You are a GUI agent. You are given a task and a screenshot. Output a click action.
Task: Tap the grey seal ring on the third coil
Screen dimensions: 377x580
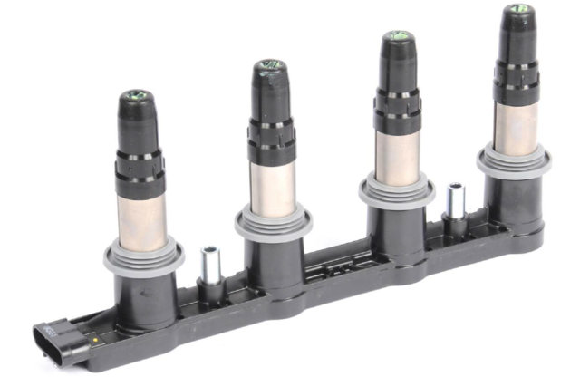[x=396, y=191]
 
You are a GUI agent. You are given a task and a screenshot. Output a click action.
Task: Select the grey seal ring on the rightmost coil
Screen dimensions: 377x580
[x=514, y=162]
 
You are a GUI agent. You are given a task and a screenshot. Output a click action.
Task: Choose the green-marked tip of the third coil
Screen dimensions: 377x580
[x=396, y=37]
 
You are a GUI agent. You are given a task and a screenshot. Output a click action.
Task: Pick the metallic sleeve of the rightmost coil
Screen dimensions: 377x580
[x=517, y=123]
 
